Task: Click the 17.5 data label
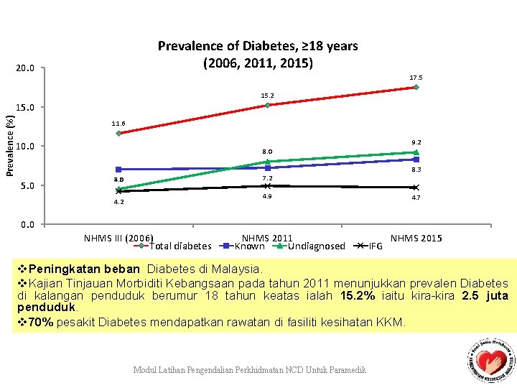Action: [416, 78]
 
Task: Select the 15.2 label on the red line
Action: [267, 95]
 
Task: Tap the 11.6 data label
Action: [118, 124]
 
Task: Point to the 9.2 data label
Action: [416, 142]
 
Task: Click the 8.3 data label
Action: [416, 170]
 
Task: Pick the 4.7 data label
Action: [416, 197]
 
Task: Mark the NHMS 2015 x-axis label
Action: [416, 239]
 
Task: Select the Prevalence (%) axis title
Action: [9, 139]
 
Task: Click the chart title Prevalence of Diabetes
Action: [258, 54]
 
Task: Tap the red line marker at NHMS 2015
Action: [416, 87]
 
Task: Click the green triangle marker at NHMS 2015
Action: [416, 152]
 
